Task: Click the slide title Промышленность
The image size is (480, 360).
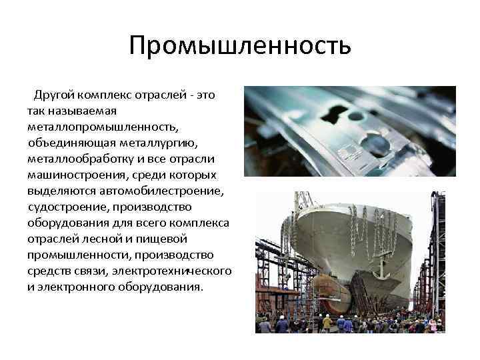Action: pos(240,46)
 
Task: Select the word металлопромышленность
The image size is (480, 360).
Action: pos(103,127)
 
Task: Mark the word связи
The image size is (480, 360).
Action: pos(91,271)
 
